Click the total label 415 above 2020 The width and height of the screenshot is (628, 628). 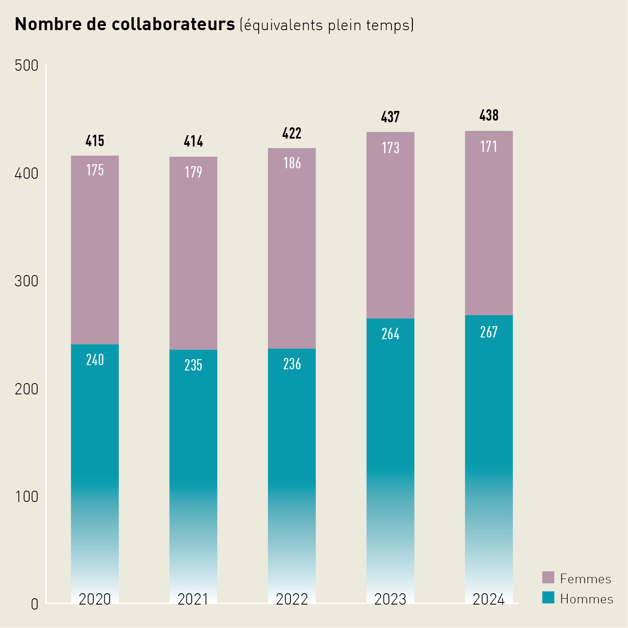pos(95,141)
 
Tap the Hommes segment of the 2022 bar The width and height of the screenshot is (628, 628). pos(292,461)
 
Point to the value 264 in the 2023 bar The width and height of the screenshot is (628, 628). pos(390,334)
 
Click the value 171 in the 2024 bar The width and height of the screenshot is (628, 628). pos(489,147)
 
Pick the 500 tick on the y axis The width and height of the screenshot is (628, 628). pos(26,66)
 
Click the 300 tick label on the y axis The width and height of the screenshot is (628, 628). pos(26,281)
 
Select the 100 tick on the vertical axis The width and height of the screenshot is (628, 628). pos(26,497)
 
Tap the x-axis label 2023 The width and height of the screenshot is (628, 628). pos(390,599)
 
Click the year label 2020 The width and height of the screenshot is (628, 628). pos(95,599)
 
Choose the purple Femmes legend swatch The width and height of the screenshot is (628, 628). pos(548,577)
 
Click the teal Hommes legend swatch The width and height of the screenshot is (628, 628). pos(548,597)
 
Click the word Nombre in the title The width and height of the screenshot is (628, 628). pos(49,24)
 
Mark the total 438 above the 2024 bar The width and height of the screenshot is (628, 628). pos(489,116)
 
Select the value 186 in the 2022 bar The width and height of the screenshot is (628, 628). pos(292,163)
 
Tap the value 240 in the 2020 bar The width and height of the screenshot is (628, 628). pos(95,360)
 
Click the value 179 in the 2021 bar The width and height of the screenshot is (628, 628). pos(193,172)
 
